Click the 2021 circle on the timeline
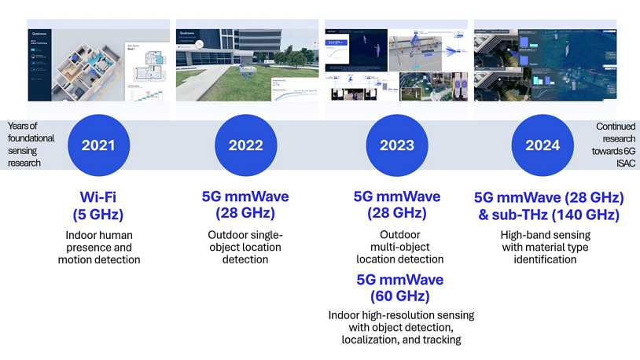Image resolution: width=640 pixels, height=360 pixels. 99,145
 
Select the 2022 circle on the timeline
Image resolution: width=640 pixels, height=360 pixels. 246,145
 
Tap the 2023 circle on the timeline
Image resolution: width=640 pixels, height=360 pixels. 396,145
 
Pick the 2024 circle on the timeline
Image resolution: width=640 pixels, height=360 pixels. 543,145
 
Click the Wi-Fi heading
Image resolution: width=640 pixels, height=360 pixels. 99,197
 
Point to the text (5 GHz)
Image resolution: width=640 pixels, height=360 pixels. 99,213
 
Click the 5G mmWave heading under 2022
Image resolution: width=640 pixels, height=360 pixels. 245,197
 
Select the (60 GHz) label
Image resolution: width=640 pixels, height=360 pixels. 399,296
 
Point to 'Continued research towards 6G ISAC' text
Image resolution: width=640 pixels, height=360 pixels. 616,145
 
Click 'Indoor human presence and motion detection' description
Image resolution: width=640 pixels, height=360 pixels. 99,247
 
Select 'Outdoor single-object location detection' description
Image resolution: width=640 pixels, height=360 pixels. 245,247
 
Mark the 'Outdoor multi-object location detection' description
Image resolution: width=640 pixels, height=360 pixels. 399,247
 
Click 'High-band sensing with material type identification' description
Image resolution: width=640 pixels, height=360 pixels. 545,247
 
